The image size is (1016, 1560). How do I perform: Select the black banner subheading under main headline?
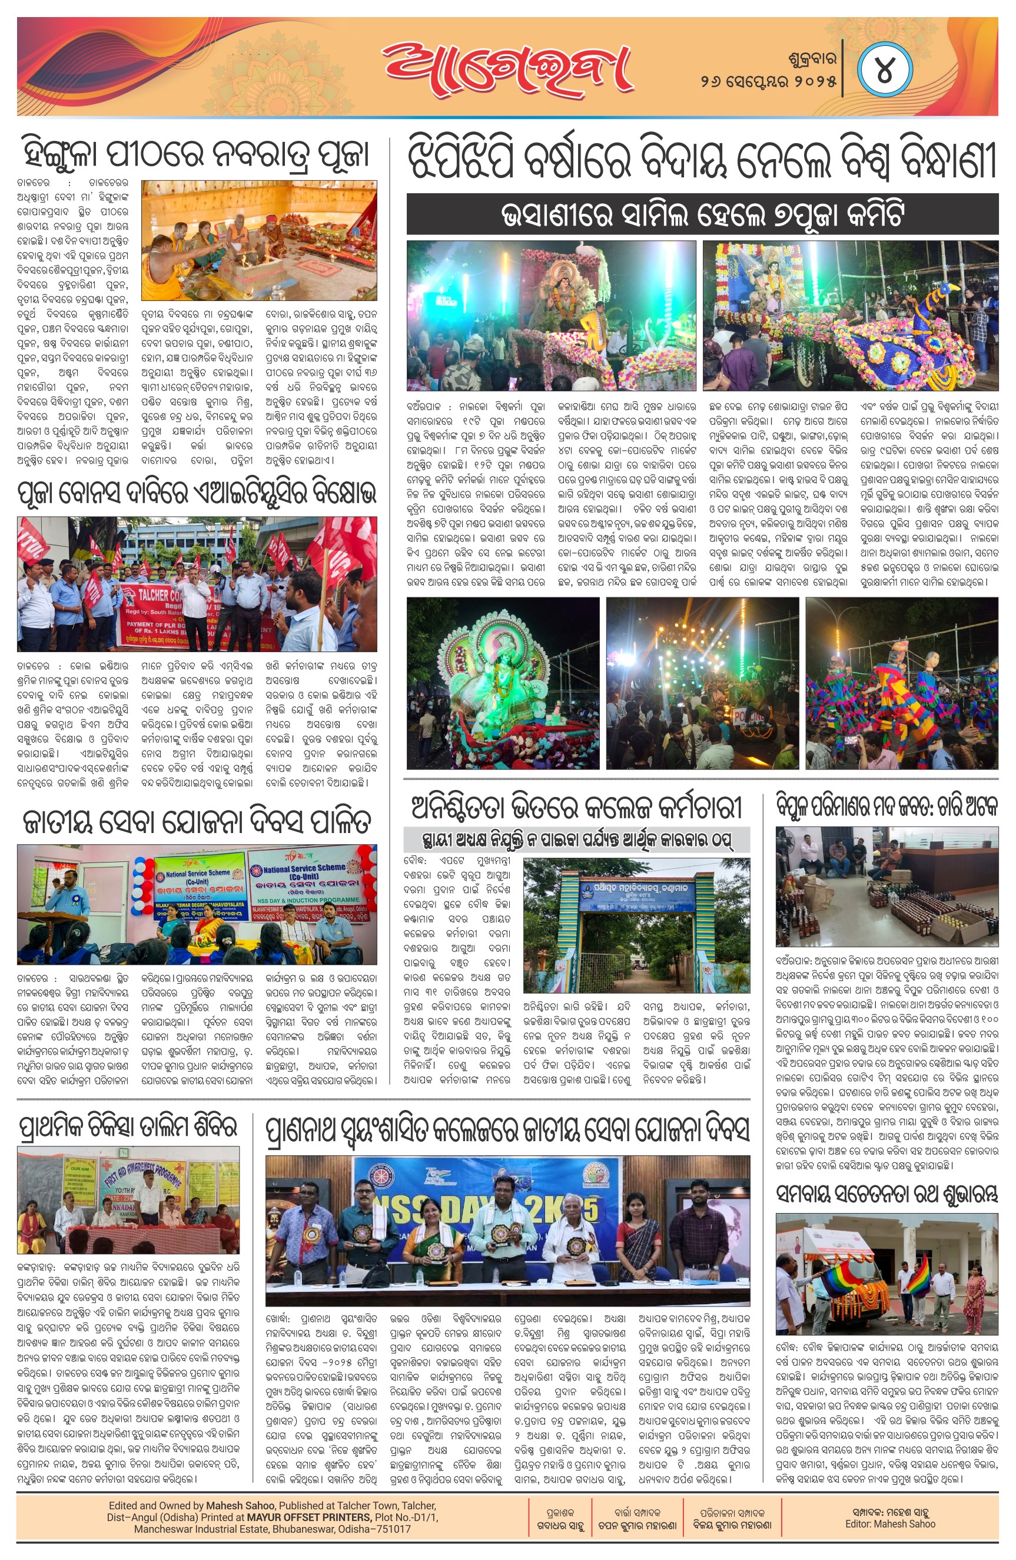click(x=702, y=214)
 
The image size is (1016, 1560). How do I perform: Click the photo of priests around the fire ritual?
click(x=259, y=240)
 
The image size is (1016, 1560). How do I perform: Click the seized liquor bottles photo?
click(x=887, y=886)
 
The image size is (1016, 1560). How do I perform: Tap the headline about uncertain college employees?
click(x=576, y=809)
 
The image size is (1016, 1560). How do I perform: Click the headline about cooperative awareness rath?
click(x=887, y=1194)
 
